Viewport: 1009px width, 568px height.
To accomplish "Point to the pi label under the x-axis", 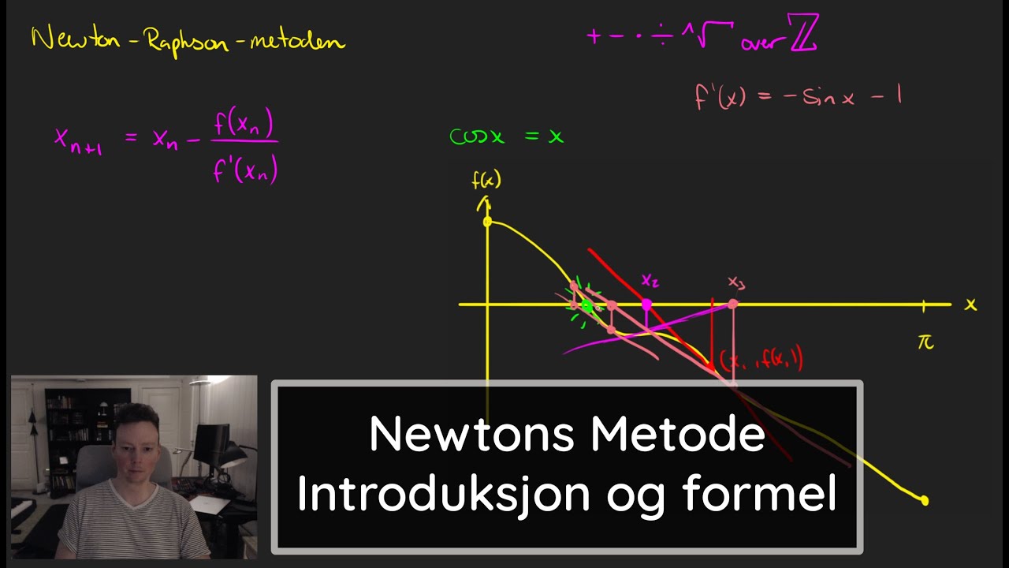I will coord(925,342).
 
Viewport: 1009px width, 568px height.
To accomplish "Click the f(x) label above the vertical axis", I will coord(486,181).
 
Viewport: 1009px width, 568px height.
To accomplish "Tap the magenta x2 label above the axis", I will coord(650,280).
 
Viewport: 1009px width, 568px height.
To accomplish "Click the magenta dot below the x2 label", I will coord(647,304).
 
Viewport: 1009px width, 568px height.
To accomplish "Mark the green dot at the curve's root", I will coord(586,306).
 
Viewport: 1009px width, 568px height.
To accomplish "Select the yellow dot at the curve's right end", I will coord(925,500).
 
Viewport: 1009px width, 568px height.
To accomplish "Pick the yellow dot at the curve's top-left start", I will coord(487,222).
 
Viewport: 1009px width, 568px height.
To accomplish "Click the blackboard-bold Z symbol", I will coord(803,35).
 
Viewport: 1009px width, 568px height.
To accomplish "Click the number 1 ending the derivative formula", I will coord(898,96).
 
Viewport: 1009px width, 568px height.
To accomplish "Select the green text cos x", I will coord(476,136).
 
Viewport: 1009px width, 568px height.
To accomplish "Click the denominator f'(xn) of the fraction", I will coord(245,169).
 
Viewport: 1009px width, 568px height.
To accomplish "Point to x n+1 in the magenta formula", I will coord(77,140).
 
